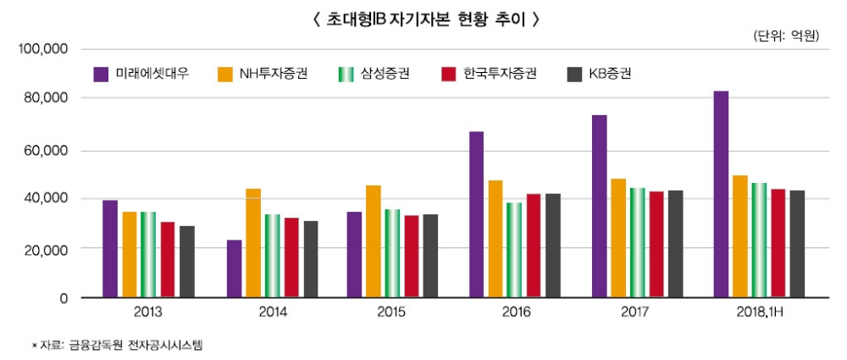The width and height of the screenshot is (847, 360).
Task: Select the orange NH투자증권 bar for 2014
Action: click(253, 243)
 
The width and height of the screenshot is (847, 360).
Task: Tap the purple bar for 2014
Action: click(234, 269)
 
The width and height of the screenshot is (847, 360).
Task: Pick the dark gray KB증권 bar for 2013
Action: click(187, 262)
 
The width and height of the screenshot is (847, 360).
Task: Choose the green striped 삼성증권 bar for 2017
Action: click(637, 243)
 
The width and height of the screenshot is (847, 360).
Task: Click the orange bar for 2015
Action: click(374, 241)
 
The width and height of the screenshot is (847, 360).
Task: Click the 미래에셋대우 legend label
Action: click(152, 74)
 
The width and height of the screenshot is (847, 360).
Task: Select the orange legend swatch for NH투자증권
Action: click(225, 74)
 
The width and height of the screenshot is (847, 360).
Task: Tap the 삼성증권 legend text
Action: click(385, 74)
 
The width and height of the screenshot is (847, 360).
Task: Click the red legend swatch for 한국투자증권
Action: click(449, 74)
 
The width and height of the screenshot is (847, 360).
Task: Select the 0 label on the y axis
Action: click(63, 298)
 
